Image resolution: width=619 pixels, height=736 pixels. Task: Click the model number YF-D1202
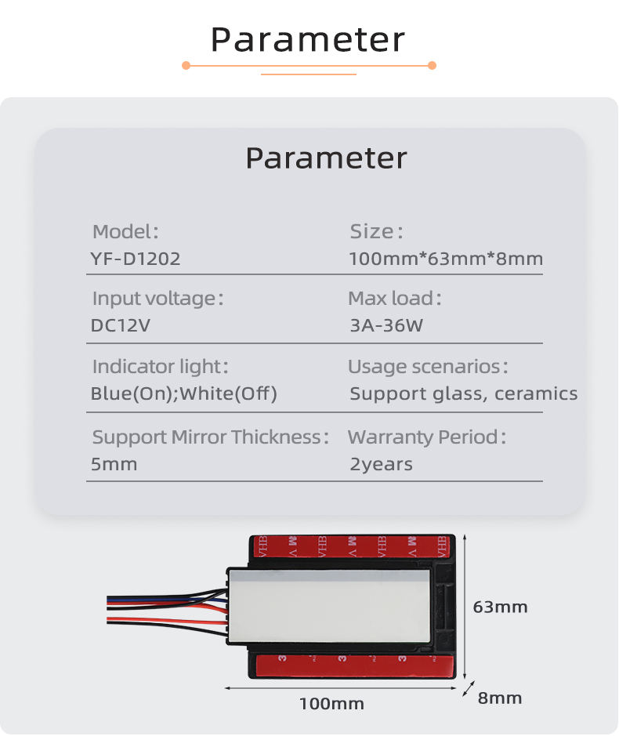point(136,259)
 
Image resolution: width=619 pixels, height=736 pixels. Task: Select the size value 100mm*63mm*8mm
point(446,259)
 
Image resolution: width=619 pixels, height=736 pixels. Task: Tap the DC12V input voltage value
point(120,326)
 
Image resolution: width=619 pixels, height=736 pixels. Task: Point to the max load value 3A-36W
point(386,326)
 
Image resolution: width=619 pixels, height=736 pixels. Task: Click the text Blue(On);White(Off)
point(184,393)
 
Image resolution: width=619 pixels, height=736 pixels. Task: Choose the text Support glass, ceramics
point(464,393)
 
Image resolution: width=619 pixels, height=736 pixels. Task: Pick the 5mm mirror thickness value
point(114,464)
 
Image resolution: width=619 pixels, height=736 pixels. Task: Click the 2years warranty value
point(381,464)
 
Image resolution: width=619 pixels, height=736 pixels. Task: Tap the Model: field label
point(125,231)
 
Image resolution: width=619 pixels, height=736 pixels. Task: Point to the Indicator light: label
point(160,367)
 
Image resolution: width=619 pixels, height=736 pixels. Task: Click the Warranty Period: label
point(427,437)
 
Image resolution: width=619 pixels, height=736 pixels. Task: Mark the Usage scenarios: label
point(428,367)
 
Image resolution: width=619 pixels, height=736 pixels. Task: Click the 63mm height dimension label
point(501,607)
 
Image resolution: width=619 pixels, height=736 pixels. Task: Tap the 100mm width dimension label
point(331,704)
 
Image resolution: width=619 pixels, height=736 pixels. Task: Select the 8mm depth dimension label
point(500,698)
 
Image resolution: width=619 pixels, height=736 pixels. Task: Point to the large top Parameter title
point(309,39)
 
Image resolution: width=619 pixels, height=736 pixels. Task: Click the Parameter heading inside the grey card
point(326,158)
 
